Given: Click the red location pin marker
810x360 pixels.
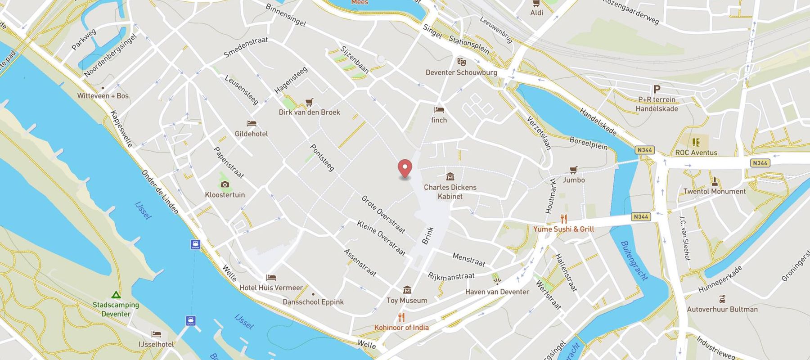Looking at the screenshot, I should coord(405,168).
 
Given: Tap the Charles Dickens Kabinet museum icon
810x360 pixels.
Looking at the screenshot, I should coord(450,177).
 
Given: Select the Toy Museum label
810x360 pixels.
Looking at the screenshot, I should coord(407,301).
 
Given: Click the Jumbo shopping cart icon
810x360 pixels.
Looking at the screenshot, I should coord(573,170).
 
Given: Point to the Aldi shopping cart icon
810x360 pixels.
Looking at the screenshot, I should coord(536,3).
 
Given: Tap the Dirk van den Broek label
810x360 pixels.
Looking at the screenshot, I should coord(309,112).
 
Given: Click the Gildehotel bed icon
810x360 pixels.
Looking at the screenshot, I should coord(251,123).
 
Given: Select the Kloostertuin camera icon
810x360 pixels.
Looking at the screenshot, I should coord(225,184).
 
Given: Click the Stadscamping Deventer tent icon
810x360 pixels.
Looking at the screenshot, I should coord(116,295).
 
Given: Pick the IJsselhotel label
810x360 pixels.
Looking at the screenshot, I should coord(156,344).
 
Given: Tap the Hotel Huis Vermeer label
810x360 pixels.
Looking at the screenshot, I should coord(271,288).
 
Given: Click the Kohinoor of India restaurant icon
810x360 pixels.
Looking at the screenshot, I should coord(401,317).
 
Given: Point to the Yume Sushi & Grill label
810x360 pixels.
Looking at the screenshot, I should coord(563,229).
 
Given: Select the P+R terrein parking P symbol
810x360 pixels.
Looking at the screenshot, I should coord(657,90).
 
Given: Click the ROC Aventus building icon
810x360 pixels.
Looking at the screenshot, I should coord(696,142).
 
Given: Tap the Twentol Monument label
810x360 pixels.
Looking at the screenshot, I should coord(714,192).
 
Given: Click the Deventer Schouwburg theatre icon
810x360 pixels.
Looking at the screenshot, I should coord(461,62).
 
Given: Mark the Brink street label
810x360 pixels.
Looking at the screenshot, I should coord(427,235).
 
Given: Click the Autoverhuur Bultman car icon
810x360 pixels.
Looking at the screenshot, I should coord(722,299).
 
